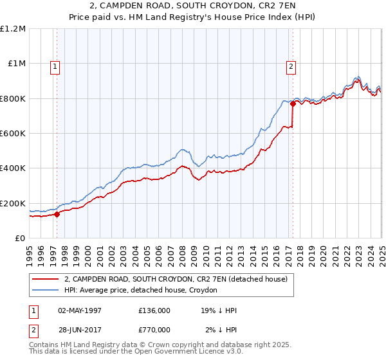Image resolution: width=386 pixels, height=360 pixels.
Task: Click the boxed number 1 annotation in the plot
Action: point(55,66)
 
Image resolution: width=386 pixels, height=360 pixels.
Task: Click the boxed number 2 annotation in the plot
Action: point(291,66)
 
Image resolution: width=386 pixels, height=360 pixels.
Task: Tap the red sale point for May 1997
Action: point(57,215)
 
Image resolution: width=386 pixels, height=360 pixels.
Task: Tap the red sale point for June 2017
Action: point(293,104)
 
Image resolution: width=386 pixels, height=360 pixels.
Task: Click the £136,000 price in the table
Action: point(154,310)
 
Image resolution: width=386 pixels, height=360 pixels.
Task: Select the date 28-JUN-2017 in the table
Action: point(80,330)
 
